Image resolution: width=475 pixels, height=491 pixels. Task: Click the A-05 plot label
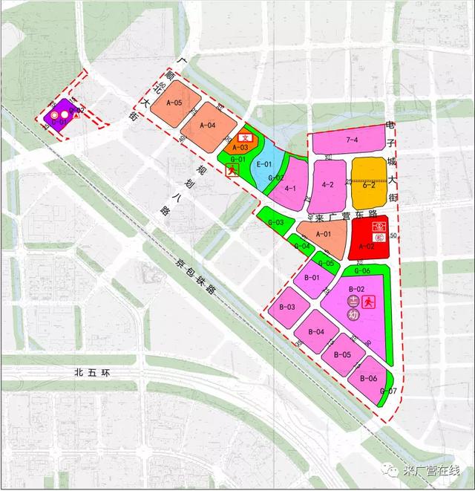pyautogui.click(x=174, y=103)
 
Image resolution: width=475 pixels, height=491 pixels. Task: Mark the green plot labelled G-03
pyautogui.click(x=275, y=222)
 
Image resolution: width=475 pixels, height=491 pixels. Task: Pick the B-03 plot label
pyautogui.click(x=286, y=306)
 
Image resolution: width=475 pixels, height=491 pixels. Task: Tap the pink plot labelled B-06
pyautogui.click(x=369, y=379)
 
